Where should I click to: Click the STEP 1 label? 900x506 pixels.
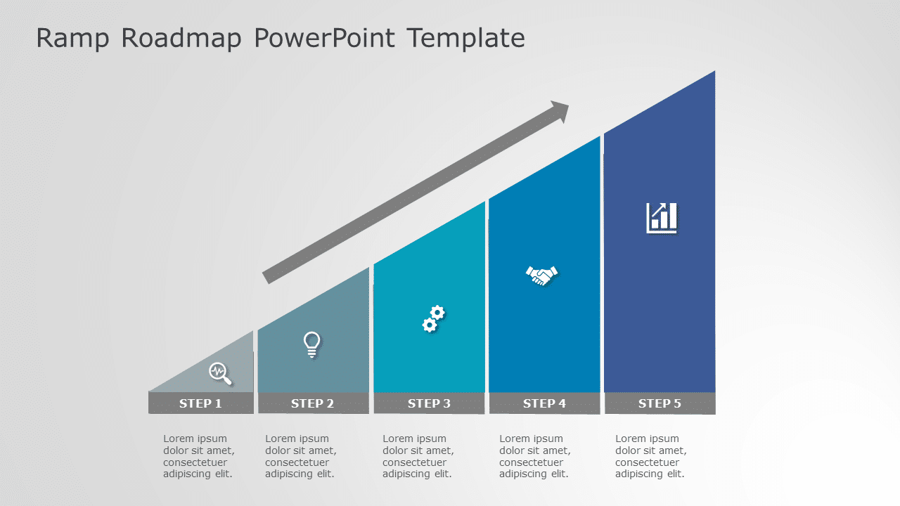click(200, 403)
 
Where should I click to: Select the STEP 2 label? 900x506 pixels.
click(312, 403)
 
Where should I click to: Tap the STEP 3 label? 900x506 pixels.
click(429, 403)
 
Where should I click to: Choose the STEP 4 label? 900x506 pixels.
click(544, 403)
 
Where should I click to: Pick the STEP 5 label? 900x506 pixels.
click(660, 403)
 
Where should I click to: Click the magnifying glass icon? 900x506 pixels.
click(220, 373)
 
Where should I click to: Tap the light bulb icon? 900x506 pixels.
click(312, 344)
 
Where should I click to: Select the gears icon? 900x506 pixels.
click(433, 319)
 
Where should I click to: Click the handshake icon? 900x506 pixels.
click(541, 275)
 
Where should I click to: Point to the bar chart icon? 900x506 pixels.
click(662, 218)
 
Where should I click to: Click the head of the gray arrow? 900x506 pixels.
click(560, 111)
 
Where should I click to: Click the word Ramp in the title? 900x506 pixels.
click(72, 38)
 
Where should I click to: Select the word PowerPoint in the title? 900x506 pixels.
click(324, 38)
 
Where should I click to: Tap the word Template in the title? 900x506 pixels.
click(465, 38)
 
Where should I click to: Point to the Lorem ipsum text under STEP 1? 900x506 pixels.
click(199, 456)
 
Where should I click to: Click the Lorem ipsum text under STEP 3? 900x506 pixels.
click(418, 456)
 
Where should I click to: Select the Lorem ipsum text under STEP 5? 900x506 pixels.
click(651, 456)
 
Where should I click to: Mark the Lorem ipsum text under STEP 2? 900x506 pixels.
click(301, 456)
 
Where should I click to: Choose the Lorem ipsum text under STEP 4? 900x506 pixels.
click(535, 456)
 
